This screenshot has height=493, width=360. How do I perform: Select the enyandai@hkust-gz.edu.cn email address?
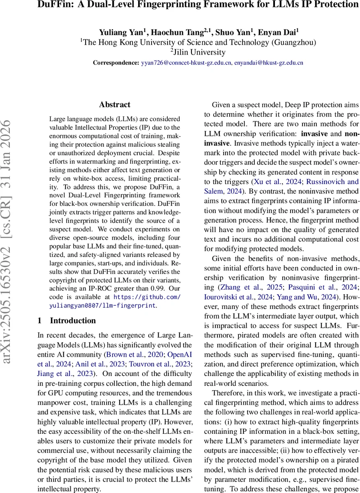click(x=269, y=63)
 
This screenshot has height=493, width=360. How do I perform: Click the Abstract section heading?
click(x=115, y=105)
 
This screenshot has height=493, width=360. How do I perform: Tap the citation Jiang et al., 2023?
click(x=65, y=373)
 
